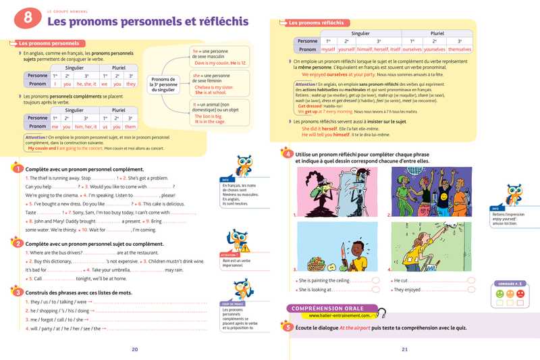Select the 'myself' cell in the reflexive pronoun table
point(328,49)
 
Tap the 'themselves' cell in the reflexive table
point(460,49)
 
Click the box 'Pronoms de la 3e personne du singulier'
point(163,84)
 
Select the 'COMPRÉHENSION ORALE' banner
point(329,307)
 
